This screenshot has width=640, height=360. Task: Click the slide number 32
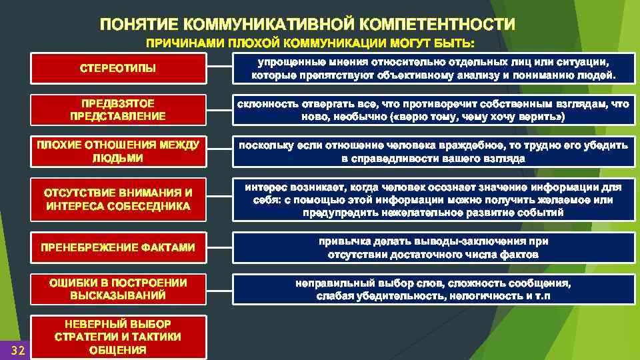click(18, 351)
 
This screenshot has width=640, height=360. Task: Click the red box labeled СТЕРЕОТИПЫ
click(119, 69)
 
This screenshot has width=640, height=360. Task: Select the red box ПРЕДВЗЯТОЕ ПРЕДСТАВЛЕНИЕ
click(119, 110)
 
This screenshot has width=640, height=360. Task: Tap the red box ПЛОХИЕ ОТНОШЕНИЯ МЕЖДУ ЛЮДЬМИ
click(119, 152)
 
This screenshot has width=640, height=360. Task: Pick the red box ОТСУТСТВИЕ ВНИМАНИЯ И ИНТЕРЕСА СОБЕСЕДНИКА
click(119, 199)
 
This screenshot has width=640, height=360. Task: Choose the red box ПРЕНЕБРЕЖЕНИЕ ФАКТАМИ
click(119, 247)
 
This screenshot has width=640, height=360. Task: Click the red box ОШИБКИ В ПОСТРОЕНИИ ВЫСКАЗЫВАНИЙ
click(119, 289)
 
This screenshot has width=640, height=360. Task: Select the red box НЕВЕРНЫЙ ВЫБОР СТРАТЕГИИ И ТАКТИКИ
click(119, 336)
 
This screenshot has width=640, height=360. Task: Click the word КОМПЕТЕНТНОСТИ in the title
click(439, 25)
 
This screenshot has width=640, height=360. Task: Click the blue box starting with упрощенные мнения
click(433, 68)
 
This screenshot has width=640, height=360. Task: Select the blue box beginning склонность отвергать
click(433, 110)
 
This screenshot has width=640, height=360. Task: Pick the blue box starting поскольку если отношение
click(433, 152)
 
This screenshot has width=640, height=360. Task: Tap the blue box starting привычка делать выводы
click(433, 247)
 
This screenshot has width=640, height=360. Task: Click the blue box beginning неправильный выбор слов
click(433, 289)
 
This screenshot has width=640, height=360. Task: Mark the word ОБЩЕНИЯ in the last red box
click(118, 349)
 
